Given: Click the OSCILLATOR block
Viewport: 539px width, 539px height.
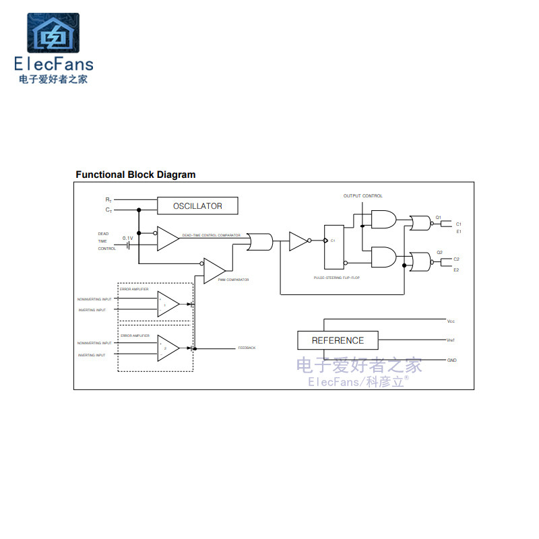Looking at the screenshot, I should click(x=197, y=206).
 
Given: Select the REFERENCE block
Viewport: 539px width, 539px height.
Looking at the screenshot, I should click(x=338, y=340).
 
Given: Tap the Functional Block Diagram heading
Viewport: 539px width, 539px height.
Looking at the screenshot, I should click(x=135, y=175).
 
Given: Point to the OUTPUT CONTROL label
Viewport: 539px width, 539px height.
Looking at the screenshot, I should click(x=362, y=196).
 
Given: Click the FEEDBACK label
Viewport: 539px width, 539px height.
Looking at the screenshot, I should click(x=247, y=348).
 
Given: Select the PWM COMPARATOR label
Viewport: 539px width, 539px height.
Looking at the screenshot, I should click(x=233, y=280).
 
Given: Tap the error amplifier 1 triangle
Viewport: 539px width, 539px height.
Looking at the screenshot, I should click(x=168, y=305).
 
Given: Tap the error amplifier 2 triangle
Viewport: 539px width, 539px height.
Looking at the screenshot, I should click(x=168, y=348).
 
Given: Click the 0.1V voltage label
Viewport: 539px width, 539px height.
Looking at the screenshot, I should click(x=127, y=239).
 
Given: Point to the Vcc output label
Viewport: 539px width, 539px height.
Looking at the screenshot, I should click(x=451, y=321).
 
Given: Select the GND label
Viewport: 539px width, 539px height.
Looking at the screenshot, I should click(x=451, y=360).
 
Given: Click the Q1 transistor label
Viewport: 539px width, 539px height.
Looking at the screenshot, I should click(x=438, y=217).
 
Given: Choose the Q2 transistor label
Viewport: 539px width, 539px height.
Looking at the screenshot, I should click(x=439, y=253).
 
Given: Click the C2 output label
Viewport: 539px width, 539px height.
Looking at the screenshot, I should click(x=456, y=259).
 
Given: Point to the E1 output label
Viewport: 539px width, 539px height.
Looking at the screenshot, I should click(x=457, y=232).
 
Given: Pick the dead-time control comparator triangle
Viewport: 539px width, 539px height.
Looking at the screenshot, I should click(x=166, y=239).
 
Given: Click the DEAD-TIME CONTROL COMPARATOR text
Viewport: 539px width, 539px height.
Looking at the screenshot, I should click(x=211, y=235).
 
